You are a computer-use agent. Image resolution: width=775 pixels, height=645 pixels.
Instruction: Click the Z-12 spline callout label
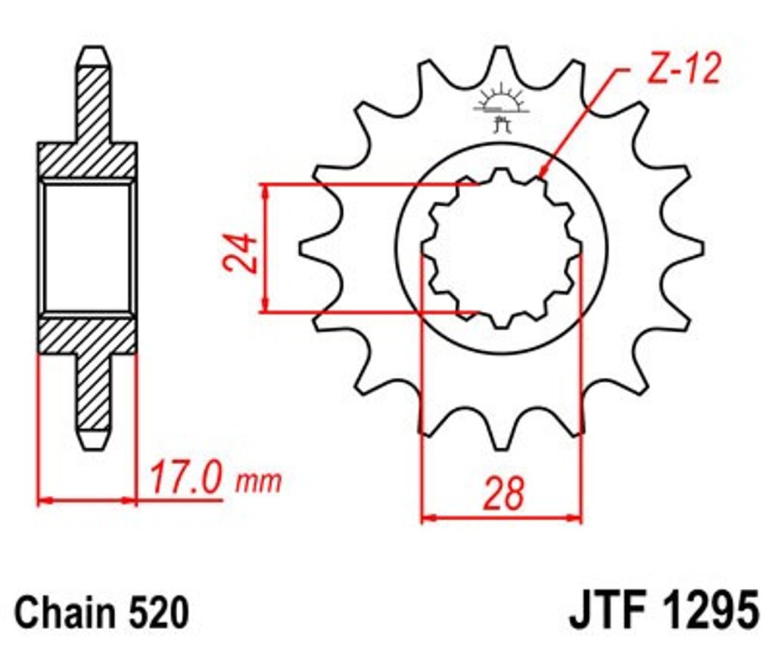coord(683,68)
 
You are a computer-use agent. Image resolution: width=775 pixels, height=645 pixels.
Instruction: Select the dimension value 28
coord(503,494)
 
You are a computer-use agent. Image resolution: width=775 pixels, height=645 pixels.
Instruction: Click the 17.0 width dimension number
coord(185,478)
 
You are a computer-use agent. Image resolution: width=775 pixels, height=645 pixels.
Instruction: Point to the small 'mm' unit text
coord(259,481)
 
